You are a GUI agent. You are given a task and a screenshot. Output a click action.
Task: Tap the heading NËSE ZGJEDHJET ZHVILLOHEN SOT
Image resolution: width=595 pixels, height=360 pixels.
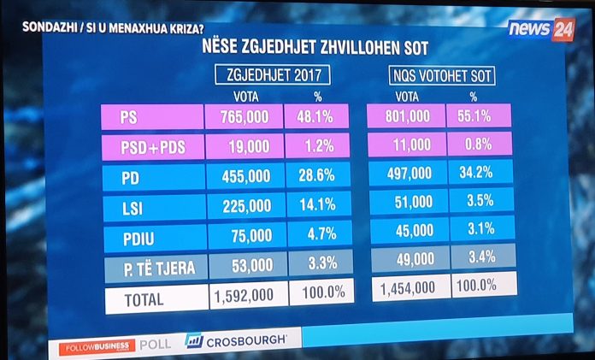coord(314,48)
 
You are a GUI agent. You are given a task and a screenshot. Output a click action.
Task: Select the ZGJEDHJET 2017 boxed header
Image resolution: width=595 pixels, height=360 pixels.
coord(271,75)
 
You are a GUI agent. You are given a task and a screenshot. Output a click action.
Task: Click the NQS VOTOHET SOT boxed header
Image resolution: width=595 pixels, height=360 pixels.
coord(442,75)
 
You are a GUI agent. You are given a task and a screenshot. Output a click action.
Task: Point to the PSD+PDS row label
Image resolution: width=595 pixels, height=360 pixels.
coord(151,146)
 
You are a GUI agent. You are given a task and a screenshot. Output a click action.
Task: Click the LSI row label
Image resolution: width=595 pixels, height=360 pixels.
coord(151,206)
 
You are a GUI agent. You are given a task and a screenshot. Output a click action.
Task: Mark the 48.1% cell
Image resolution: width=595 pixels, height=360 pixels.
coord(317,116)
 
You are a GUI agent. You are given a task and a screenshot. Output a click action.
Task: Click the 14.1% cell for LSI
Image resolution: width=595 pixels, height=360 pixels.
coord(317,205)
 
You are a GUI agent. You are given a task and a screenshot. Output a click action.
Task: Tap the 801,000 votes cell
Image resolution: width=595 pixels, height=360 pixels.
coord(406,115)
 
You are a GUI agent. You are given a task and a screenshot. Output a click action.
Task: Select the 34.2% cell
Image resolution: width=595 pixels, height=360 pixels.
coord(479,172)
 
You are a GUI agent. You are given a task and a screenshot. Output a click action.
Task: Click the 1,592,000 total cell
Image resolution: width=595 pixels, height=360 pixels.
coord(244,296)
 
